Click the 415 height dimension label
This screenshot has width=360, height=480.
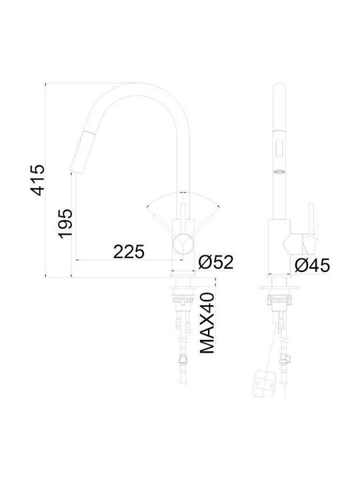tap(37, 180)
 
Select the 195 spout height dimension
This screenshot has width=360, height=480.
tap(65, 224)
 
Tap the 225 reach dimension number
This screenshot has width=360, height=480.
tap(129, 251)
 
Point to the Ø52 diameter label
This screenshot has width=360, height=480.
tap(216, 262)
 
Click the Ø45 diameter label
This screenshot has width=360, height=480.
tap(312, 265)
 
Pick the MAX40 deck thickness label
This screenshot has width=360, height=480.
tap(207, 323)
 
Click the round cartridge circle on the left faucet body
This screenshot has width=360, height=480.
tap(183, 243)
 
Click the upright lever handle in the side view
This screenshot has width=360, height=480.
tap(311, 221)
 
